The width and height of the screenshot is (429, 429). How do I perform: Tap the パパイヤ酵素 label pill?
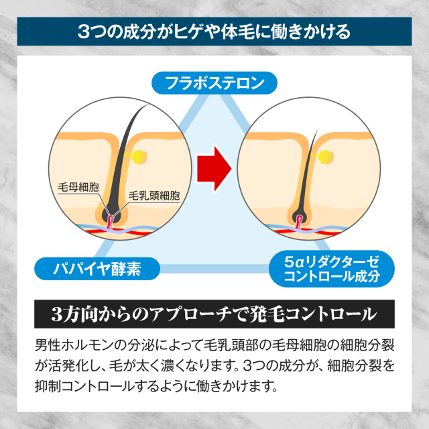tap(98, 269)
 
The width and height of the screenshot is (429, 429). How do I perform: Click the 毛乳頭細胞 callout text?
tap(154, 196)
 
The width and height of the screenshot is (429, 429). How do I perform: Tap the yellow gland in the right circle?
tap(326, 157)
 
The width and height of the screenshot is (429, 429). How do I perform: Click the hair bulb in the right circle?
tap(300, 217)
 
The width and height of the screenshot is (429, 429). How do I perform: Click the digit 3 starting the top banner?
tap(82, 32)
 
